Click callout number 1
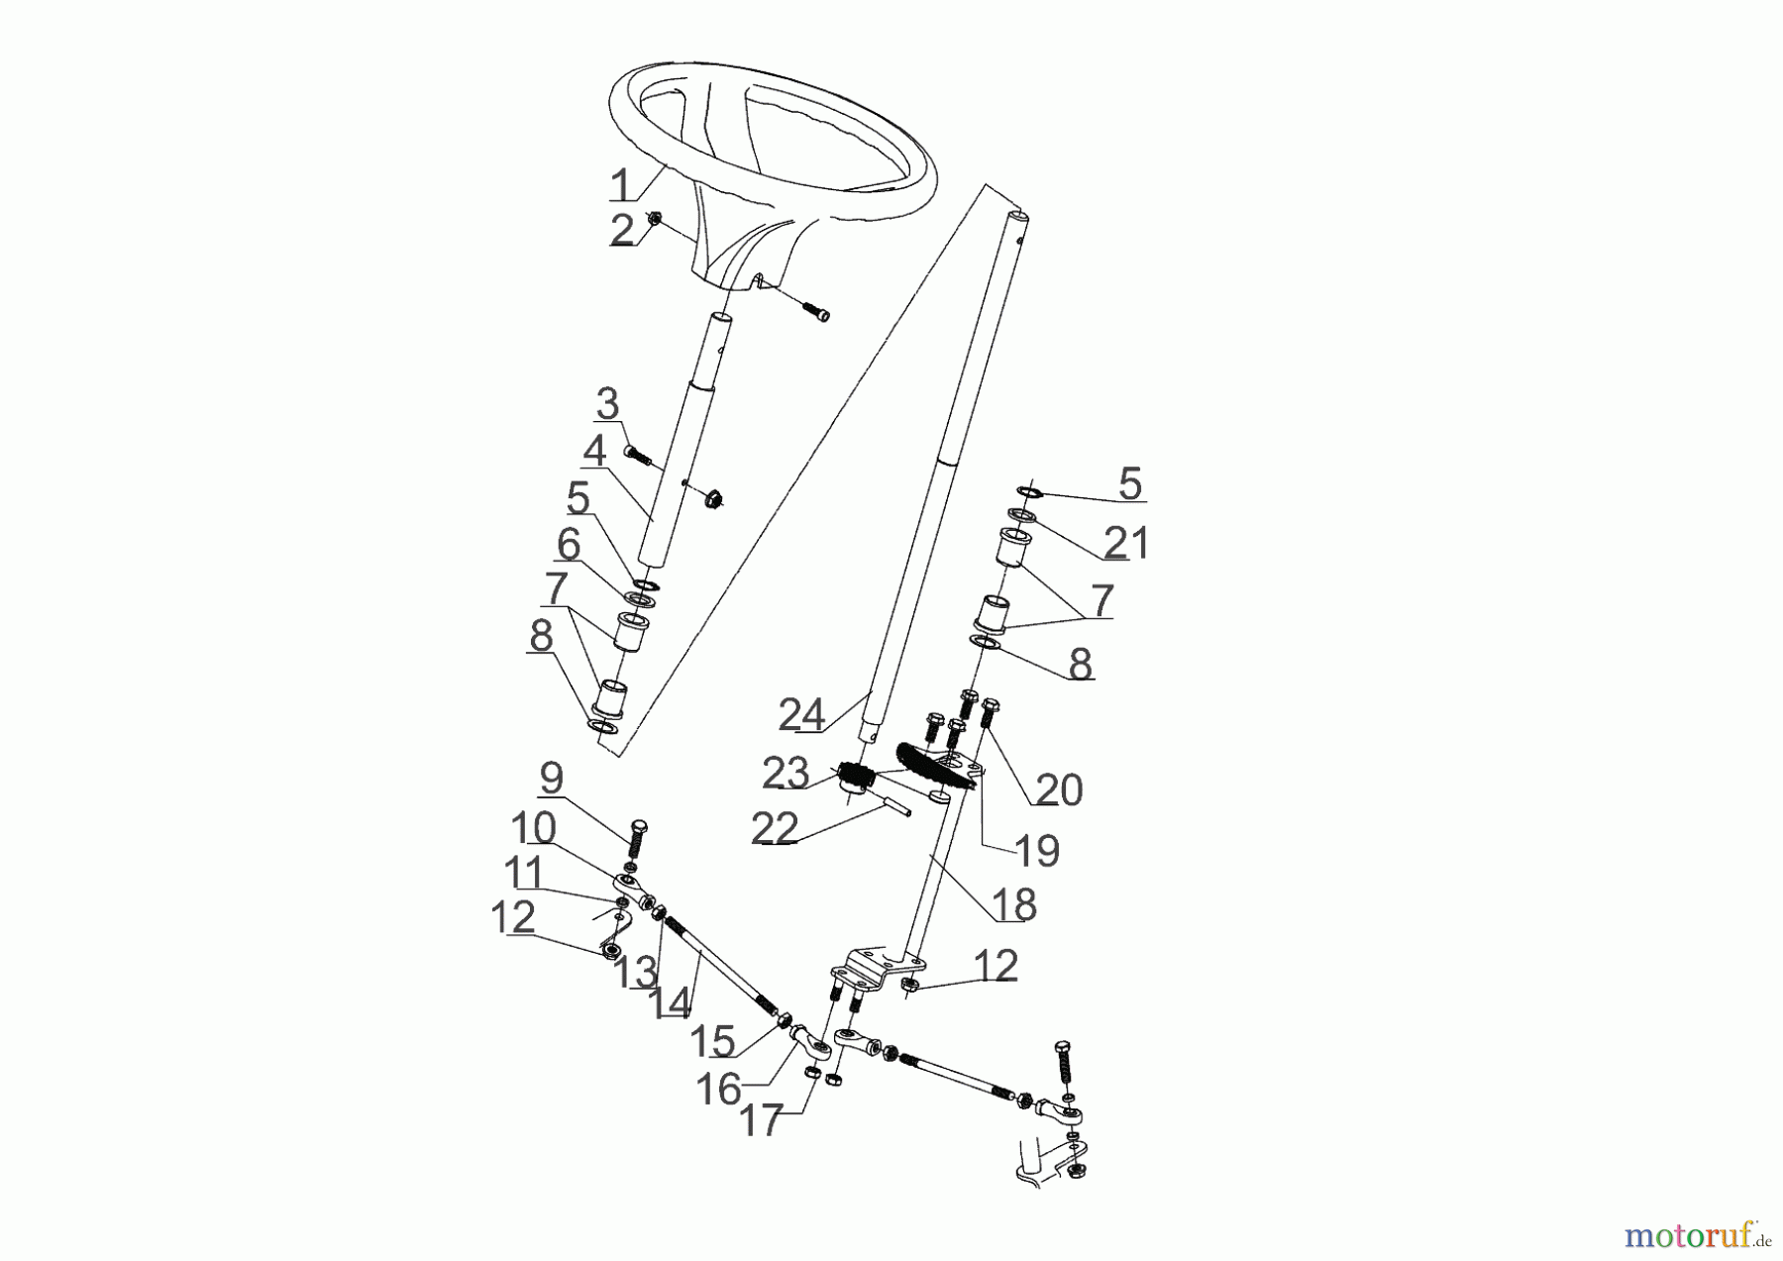pyautogui.click(x=620, y=185)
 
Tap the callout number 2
pyautogui.click(x=622, y=231)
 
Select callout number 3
pyautogui.click(x=607, y=404)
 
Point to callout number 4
pyautogui.click(x=594, y=452)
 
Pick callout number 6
pyautogui.click(x=568, y=545)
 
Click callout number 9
pyautogui.click(x=552, y=778)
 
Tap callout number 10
pyautogui.click(x=533, y=827)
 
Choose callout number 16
pyautogui.click(x=718, y=1090)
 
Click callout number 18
pyautogui.click(x=1012, y=904)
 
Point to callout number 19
pyautogui.click(x=1036, y=850)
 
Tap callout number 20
pyautogui.click(x=1059, y=790)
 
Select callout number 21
pyautogui.click(x=1126, y=543)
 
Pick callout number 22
pyautogui.click(x=775, y=829)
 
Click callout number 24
pyautogui.click(x=801, y=714)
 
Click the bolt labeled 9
pyautogui.click(x=637, y=840)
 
